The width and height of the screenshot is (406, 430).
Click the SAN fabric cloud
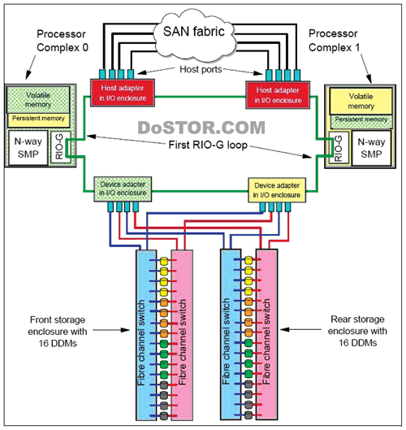click(x=194, y=35)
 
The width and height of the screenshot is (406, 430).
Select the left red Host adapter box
click(x=123, y=93)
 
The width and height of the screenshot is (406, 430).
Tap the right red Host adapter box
click(x=278, y=95)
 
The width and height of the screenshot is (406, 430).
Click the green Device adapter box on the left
click(x=123, y=189)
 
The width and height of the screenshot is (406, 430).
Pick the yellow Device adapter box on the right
click(x=277, y=190)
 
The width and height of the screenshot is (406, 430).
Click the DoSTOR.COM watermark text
click(x=201, y=128)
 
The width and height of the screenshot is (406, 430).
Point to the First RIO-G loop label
click(x=208, y=145)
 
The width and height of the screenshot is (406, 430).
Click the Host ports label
click(x=201, y=69)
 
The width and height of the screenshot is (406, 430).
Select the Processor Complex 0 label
click(x=63, y=41)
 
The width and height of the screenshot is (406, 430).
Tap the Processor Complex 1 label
click(x=335, y=41)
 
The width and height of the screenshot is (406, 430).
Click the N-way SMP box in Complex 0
click(x=28, y=148)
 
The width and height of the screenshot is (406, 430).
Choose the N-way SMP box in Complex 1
click(x=371, y=148)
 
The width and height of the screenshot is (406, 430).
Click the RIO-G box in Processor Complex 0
click(x=60, y=147)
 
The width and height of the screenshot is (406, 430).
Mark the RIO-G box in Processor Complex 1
click(x=339, y=148)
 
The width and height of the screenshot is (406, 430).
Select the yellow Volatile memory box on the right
click(x=361, y=101)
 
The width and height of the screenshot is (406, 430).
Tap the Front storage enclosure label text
click(x=58, y=332)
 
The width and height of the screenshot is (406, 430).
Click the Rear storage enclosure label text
click(x=357, y=331)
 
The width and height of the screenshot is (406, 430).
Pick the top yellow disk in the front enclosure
click(x=164, y=261)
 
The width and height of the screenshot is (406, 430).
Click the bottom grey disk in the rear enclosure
click(x=248, y=415)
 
